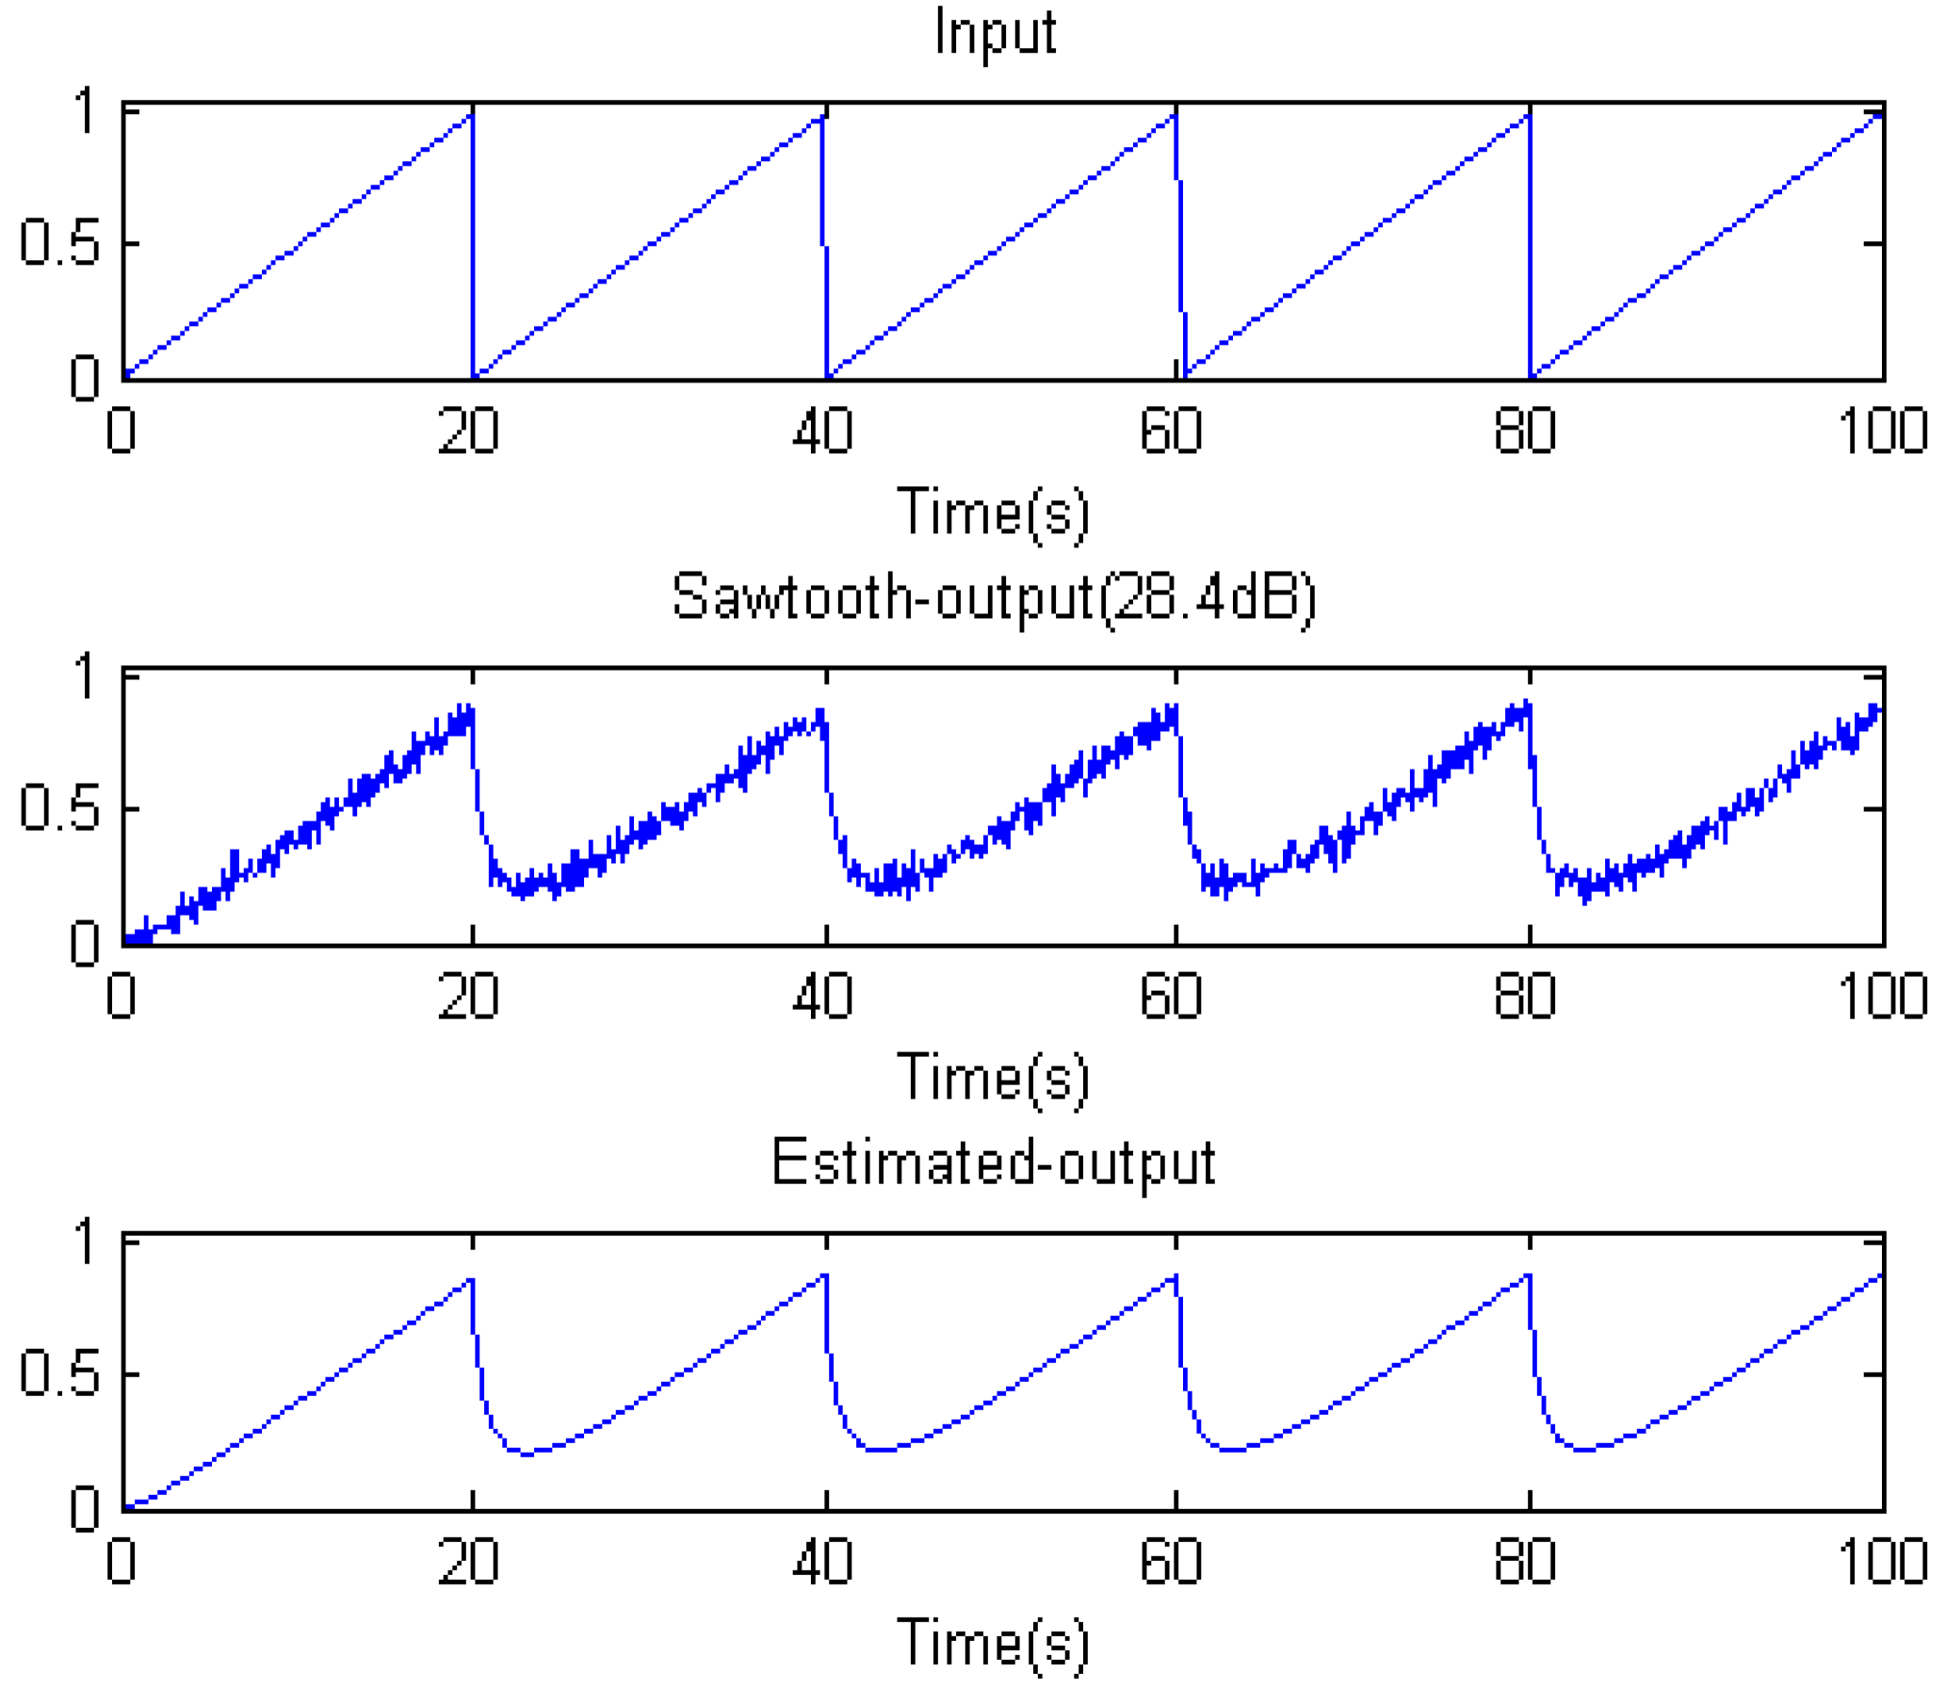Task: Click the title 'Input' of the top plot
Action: [995, 33]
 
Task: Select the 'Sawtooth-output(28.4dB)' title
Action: [994, 598]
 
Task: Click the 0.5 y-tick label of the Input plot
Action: [59, 244]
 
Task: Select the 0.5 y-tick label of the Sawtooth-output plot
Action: [59, 809]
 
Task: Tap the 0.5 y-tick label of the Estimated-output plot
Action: [59, 1374]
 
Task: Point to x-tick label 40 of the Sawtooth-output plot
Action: [822, 997]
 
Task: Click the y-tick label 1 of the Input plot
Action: [86, 111]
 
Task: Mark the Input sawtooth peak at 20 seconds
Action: [471, 115]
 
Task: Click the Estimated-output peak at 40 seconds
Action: [824, 1275]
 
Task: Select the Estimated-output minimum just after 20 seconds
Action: [527, 1454]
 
